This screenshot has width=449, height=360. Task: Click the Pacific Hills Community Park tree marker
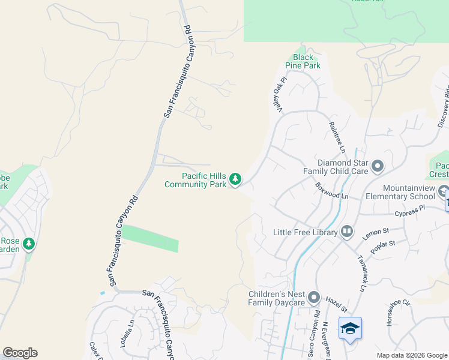[x=236, y=178]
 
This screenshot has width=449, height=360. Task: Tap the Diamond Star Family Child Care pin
[x=378, y=165]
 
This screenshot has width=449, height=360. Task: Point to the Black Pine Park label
[x=306, y=61]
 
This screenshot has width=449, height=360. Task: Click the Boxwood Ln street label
[x=332, y=191]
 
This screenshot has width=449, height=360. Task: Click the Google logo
[x=20, y=353]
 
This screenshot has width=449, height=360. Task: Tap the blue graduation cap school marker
[x=350, y=328]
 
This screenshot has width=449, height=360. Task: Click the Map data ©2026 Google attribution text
[x=411, y=355]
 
